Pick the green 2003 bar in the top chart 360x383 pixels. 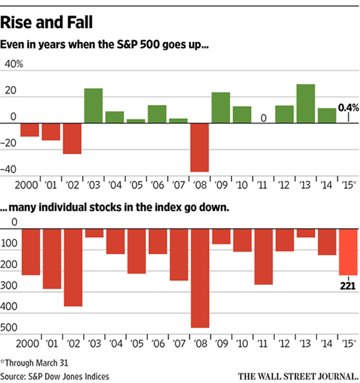tap(93, 106)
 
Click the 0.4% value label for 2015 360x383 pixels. tap(348, 108)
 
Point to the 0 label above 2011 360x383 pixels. tap(264, 118)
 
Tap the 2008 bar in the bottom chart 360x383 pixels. tap(200, 278)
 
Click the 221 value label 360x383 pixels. tap(348, 284)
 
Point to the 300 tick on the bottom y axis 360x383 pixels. tap(11, 286)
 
